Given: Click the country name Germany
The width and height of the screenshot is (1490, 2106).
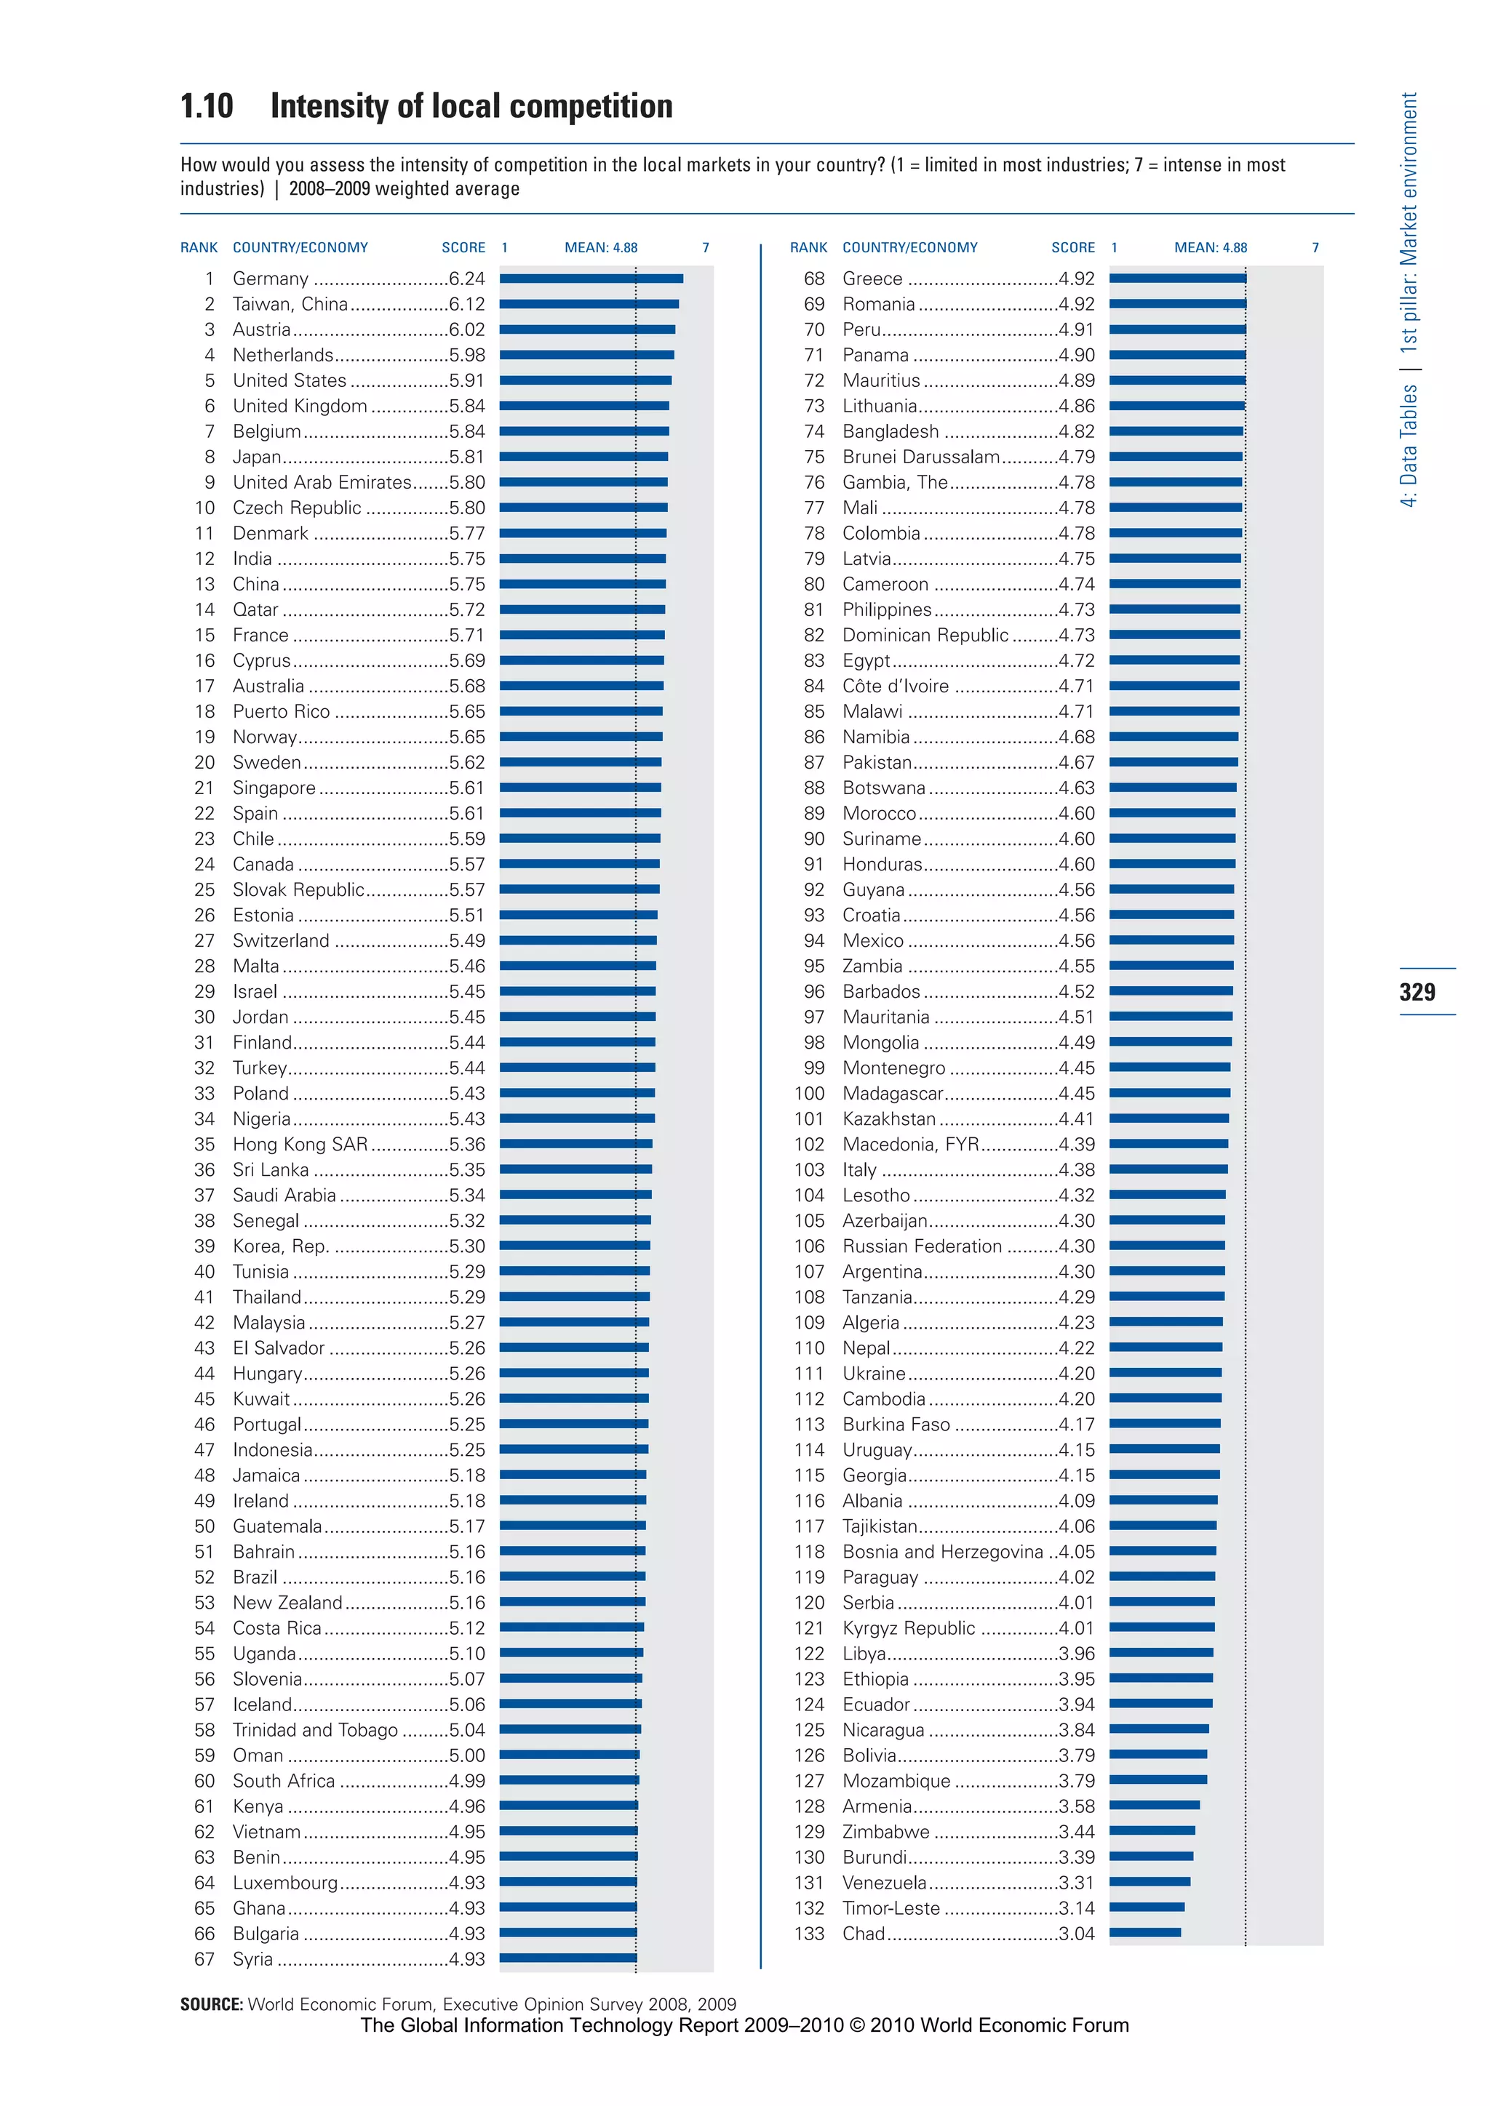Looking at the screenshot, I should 270,279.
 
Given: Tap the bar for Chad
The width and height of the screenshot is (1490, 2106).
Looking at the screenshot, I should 1144,1933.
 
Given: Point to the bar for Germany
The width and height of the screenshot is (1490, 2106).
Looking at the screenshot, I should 591,279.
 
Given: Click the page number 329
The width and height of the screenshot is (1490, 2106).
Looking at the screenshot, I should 1417,991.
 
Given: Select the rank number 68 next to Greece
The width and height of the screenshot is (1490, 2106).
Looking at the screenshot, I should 814,279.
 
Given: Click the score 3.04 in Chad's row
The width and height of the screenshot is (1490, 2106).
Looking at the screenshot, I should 1076,1934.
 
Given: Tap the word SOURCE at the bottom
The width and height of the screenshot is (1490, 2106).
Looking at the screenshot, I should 211,2004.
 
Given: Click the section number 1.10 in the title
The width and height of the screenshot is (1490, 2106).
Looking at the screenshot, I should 207,106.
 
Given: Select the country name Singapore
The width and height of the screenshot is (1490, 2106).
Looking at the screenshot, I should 274,788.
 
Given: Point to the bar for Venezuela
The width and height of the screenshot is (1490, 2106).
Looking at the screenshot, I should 1149,1881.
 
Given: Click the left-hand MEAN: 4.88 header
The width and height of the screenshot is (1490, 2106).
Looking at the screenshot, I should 600,248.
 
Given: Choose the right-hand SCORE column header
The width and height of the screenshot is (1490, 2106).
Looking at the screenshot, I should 1072,248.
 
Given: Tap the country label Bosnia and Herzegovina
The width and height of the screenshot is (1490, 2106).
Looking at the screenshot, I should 942,1552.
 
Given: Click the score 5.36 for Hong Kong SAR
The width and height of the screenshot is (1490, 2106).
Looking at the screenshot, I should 467,1145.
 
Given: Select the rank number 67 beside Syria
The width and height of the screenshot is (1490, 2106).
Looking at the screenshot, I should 204,1959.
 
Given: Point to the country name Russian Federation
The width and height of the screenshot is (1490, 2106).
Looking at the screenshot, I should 921,1246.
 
